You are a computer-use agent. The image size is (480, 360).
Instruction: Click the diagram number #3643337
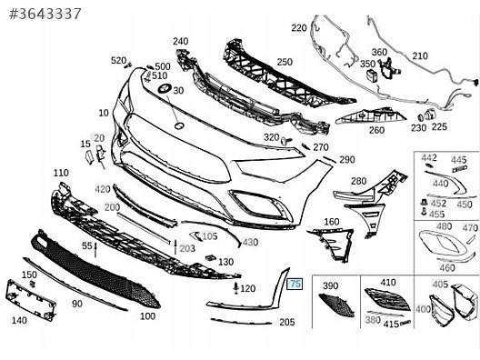point(45,14)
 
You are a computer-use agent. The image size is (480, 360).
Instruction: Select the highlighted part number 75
point(295,284)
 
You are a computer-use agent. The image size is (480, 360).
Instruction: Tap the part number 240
point(181,41)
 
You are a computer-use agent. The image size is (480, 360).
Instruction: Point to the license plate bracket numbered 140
point(30,301)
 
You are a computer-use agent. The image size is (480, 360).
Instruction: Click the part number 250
point(285,62)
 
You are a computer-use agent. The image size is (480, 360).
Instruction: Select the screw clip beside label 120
point(236,288)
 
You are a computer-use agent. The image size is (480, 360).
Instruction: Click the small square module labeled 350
point(372,76)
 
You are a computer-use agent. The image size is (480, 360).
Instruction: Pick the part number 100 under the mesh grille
point(148,316)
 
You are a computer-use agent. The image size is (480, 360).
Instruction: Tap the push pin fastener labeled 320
point(286,141)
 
